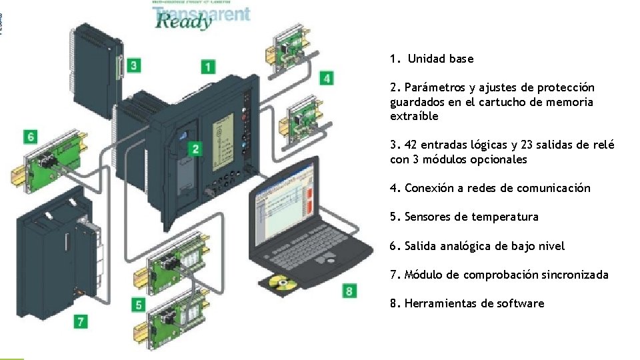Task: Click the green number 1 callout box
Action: click(209, 67)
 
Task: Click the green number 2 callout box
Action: click(195, 149)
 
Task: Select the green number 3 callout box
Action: click(134, 65)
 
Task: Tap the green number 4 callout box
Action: click(326, 78)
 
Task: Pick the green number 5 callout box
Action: click(138, 305)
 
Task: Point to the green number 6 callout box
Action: click(31, 137)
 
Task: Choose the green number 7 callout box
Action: click(80, 321)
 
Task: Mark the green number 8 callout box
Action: click(349, 291)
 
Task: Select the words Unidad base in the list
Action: click(441, 59)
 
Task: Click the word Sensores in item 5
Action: click(427, 217)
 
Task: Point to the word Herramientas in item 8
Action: click(440, 303)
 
